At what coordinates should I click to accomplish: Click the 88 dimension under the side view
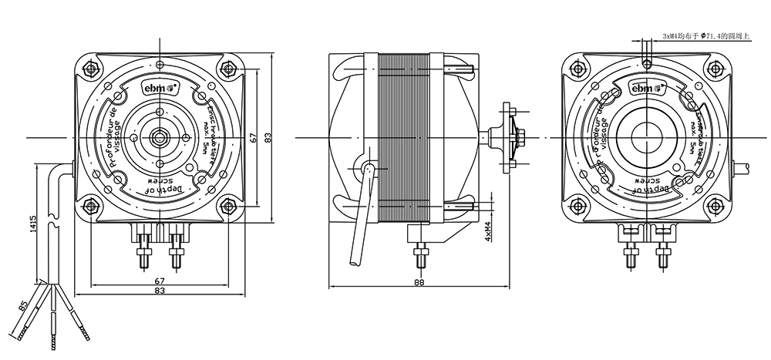(419, 283)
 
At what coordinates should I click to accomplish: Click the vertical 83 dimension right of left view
(267, 138)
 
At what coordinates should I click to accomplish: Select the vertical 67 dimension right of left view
(252, 137)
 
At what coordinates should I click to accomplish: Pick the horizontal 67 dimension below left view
(160, 281)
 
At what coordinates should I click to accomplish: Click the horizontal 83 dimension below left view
(160, 291)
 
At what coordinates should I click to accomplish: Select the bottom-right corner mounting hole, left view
(229, 206)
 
